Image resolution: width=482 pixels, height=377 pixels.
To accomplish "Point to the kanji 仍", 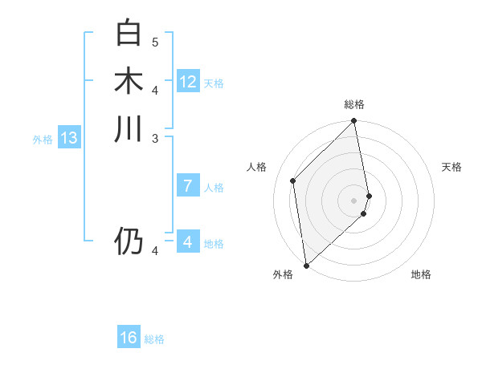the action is coord(129,241).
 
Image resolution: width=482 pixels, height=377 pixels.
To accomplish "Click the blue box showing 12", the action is coord(188,82).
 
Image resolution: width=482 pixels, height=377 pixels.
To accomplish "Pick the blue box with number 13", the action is coord(69,139).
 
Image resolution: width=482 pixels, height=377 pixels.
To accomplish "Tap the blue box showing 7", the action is coord(188,186).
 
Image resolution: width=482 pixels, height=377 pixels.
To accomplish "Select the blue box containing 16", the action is coord(129,338).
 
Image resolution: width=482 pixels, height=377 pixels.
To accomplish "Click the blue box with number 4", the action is coord(188,241).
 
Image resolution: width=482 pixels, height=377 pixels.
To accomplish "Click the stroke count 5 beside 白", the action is coord(155,42).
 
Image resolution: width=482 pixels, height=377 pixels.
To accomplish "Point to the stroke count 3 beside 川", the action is coord(155,138).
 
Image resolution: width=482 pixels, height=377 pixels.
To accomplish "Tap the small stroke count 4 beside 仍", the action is coord(155,251).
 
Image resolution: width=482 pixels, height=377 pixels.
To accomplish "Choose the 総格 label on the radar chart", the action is coord(354,104).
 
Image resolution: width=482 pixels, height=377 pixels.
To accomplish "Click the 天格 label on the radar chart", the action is coord(451,167).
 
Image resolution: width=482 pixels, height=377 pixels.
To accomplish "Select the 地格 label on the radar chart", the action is coord(421,274).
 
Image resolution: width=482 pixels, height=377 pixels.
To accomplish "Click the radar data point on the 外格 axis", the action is coord(306,265).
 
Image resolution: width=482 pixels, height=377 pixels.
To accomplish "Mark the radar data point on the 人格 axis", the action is coord(293,180).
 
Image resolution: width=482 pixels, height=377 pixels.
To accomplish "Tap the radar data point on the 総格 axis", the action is coord(354,122).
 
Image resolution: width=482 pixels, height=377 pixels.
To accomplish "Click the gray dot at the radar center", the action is coord(354,200).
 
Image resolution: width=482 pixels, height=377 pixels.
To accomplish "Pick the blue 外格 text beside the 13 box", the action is coord(43,140).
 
